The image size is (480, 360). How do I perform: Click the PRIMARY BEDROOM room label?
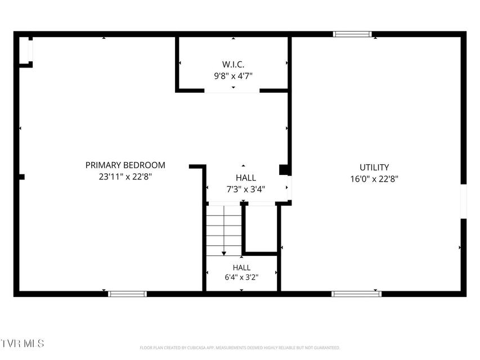pos(125,165)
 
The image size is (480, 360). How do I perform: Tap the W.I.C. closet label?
pos(234,65)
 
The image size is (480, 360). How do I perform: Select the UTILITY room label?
pos(374,168)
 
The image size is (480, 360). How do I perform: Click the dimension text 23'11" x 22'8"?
pos(125,177)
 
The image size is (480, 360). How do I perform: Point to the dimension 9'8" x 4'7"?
pos(234,76)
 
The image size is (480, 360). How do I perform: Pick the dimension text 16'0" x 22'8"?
pos(374,179)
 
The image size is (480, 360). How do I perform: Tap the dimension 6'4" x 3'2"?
pos(241,277)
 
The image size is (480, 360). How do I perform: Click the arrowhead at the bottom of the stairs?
pos(224,253)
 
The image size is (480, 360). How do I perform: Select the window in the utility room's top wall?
pos(352,34)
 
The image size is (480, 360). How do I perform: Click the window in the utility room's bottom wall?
pos(356,294)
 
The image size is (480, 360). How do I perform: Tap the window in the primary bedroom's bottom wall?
pos(127,294)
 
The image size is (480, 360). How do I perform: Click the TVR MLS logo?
pos(22,343)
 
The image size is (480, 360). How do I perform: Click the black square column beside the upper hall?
pos(284,170)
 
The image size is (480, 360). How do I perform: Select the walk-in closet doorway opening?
pos(232,91)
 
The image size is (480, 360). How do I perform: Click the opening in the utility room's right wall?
pos(464,201)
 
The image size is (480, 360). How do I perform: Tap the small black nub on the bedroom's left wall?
pos(22,177)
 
